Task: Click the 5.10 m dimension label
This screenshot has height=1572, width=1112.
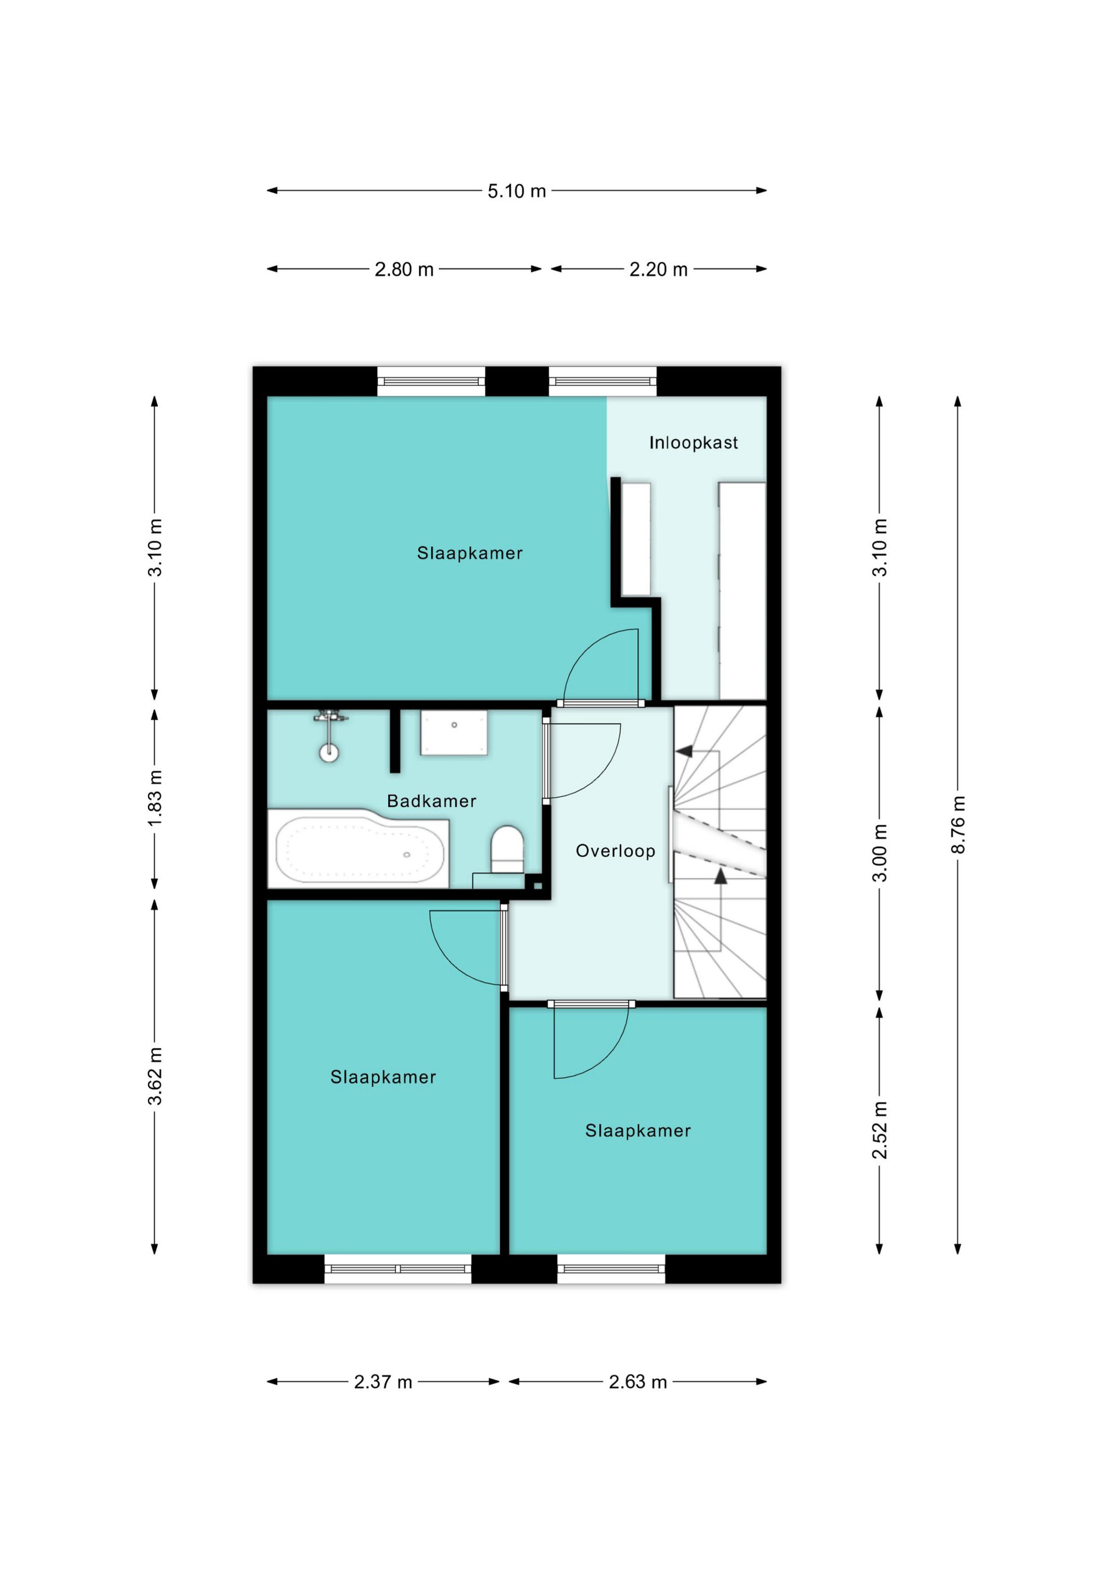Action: [x=516, y=191]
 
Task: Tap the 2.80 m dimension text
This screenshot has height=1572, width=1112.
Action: [x=404, y=269]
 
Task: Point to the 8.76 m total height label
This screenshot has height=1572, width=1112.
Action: [x=958, y=824]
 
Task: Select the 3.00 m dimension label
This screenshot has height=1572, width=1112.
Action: [x=879, y=853]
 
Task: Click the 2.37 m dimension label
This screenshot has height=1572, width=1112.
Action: [x=383, y=1382]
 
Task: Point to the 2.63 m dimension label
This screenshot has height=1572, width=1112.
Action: [x=638, y=1382]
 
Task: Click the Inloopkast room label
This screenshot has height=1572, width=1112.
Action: [x=694, y=443]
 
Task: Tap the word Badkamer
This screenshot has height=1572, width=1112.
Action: [x=431, y=801]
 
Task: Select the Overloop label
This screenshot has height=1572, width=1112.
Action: [x=616, y=851]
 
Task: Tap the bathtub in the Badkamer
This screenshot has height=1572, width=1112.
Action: [x=359, y=848]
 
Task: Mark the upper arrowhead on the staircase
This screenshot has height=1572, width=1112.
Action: [x=684, y=752]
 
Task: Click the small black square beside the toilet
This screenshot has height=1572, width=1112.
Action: [x=538, y=886]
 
